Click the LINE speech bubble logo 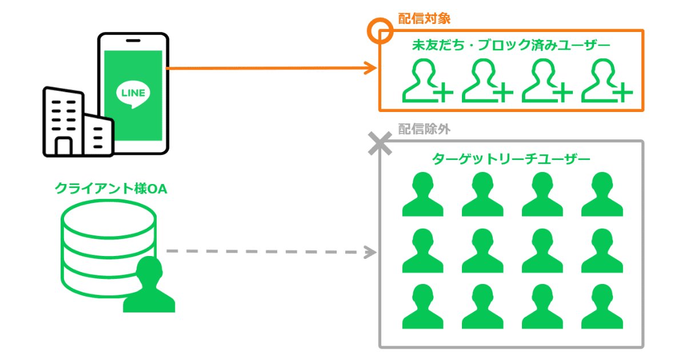coord(133,93)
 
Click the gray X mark coord(379,143)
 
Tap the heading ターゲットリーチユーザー coord(511,159)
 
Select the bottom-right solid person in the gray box coord(602,307)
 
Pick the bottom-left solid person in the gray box coord(422,307)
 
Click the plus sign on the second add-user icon coord(502,92)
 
